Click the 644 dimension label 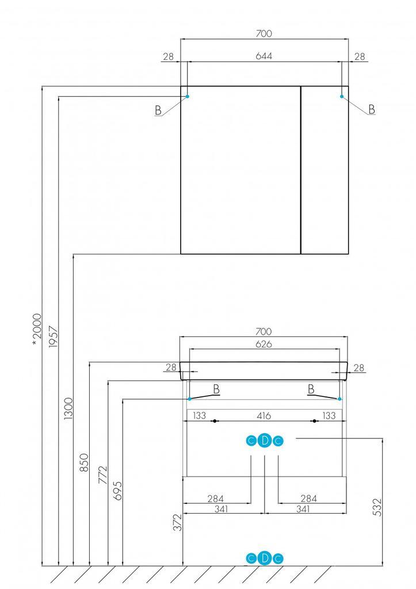point(264,56)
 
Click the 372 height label point(178,522)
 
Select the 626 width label point(264,344)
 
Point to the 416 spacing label point(264,415)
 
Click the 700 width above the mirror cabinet point(264,34)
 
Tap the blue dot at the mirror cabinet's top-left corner point(188,97)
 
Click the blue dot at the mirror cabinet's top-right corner point(342,97)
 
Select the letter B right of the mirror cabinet point(372,109)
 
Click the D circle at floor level point(264,558)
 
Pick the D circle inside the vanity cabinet point(264,441)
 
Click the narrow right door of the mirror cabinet point(325,170)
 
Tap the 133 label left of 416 point(199,415)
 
